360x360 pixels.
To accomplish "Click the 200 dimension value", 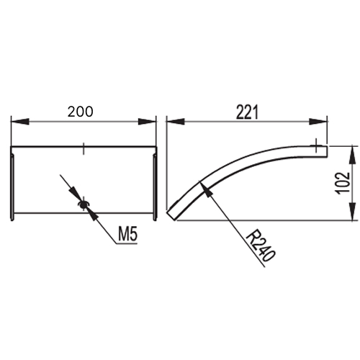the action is point(80,112).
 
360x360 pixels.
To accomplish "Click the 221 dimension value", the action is point(248,112).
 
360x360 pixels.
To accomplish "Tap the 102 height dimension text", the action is point(343,183).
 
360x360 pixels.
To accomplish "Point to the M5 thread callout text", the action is point(128,235).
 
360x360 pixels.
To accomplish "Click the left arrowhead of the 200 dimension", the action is point(20,122).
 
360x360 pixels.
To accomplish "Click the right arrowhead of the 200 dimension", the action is point(147,122).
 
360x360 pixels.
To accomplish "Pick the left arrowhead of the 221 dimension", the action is point(176,122).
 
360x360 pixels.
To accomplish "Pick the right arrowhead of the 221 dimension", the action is point(318,122).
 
